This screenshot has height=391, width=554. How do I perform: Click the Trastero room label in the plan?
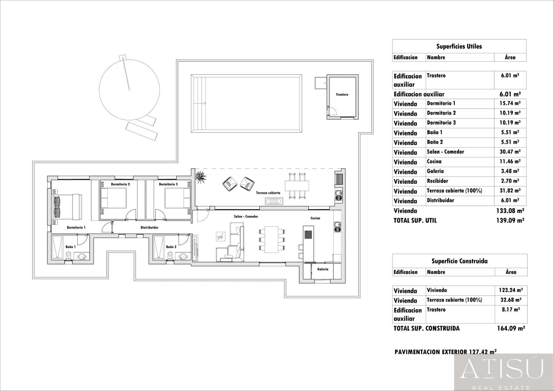tap(342, 95)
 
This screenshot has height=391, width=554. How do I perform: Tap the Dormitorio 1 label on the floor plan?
tap(76, 227)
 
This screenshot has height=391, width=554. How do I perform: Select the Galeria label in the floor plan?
tap(323, 269)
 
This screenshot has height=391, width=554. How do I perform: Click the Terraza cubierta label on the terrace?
tap(268, 193)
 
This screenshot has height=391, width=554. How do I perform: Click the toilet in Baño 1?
tap(69, 255)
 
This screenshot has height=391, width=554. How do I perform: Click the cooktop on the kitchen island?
tap(308, 235)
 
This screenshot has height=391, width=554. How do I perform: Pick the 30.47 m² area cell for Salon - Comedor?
tap(510, 152)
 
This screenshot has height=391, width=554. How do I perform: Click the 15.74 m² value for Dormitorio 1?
tap(510, 103)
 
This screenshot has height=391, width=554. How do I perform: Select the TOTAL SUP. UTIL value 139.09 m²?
tap(510, 220)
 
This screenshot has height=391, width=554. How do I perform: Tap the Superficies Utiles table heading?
tap(459, 46)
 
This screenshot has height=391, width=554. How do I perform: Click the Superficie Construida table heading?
tap(459, 261)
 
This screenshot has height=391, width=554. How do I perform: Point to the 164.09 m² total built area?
tap(510, 328)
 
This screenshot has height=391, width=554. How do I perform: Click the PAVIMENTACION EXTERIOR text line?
tap(445, 352)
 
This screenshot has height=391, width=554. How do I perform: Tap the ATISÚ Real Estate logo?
tap(504, 372)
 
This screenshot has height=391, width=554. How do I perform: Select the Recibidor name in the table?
tap(437, 181)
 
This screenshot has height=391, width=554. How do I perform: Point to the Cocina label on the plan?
tap(315, 218)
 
